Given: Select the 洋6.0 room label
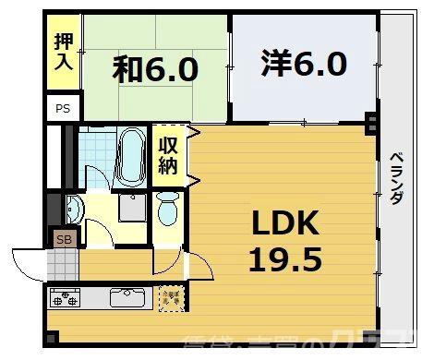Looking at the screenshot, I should tap(304, 64).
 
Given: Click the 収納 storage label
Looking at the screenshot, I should tap(168, 154).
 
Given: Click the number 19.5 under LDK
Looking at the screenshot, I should tap(284, 259).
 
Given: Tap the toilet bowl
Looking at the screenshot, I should tap(167, 209).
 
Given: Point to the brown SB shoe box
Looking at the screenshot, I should tap(64, 239).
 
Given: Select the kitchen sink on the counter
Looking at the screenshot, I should tap(126, 297).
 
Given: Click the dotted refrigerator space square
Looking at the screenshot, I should tap(170, 297).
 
